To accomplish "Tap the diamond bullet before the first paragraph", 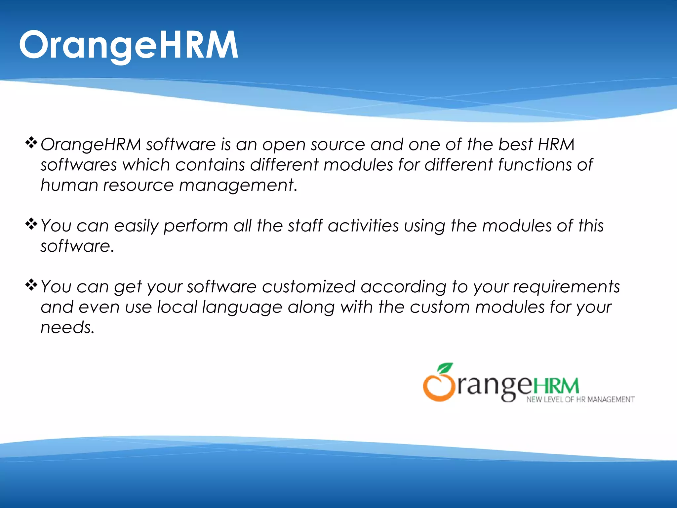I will (31, 143).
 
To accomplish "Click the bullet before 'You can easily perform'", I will (31, 224).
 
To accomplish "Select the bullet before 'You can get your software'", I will (31, 285).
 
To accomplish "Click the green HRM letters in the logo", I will (556, 387).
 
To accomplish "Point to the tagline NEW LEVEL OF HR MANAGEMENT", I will (580, 400).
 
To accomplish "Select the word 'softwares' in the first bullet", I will (79, 165).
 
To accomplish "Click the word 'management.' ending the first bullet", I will (238, 185).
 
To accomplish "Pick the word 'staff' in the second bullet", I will (305, 226).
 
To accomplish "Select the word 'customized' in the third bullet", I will (308, 287).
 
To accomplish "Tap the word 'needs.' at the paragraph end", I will (67, 327).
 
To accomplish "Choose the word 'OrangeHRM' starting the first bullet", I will (91, 145).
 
